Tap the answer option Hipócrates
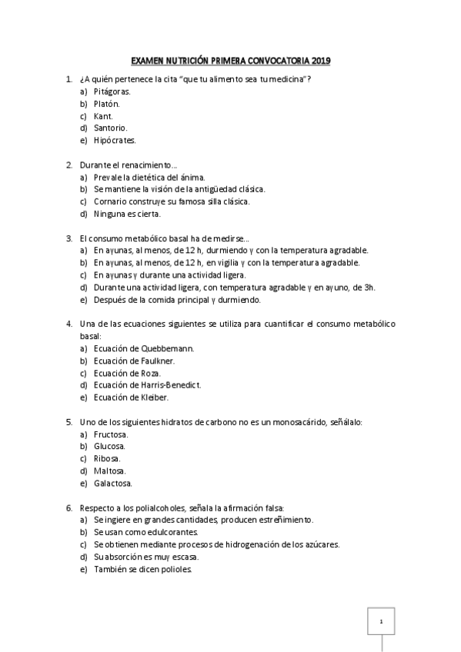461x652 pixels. [115, 140]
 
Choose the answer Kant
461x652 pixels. [103, 115]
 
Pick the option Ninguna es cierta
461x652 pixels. [127, 214]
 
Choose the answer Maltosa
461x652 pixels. [110, 471]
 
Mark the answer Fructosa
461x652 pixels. [112, 434]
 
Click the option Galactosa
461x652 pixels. [113, 483]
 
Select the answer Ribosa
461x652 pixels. [108, 458]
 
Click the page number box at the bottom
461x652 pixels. [382, 621]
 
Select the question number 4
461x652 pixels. [68, 324]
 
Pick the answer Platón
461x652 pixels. [107, 103]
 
